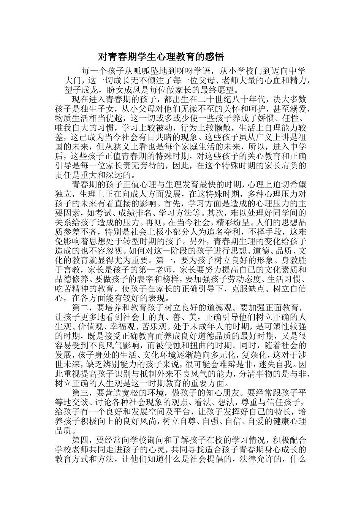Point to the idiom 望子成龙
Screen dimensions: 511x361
tap(81, 90)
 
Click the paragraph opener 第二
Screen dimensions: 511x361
tap(81, 307)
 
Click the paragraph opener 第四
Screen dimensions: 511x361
tap(81, 440)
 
